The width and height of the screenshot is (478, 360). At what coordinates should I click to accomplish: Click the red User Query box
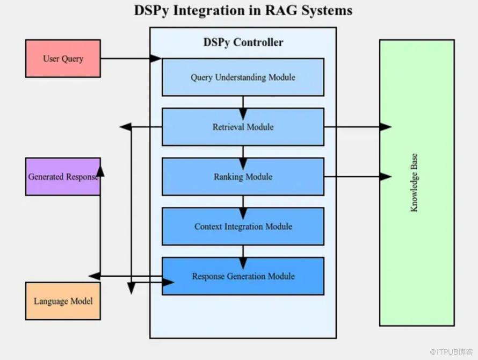[x=63, y=59]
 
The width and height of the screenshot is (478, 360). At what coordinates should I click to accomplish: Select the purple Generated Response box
[x=63, y=176]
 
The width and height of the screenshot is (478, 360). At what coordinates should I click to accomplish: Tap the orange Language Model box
[x=63, y=301]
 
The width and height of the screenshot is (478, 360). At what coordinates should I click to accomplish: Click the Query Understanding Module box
[x=243, y=77]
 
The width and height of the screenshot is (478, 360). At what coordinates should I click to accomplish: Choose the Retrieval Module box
[x=243, y=127]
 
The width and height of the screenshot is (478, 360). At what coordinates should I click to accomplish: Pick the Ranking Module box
[x=243, y=177]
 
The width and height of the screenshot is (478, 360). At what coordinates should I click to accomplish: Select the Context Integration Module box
[x=243, y=226]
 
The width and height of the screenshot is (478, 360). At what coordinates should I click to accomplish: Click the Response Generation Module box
[x=243, y=276]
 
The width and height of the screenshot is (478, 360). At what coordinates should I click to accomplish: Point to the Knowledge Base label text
[x=414, y=183]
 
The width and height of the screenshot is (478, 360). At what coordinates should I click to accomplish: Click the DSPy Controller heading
[x=243, y=42]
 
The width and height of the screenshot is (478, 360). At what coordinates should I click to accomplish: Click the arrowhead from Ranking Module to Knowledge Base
[x=386, y=176]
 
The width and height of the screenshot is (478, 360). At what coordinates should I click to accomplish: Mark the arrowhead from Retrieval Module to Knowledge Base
[x=386, y=127]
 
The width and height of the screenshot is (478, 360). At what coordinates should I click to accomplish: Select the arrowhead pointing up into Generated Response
[x=100, y=171]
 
